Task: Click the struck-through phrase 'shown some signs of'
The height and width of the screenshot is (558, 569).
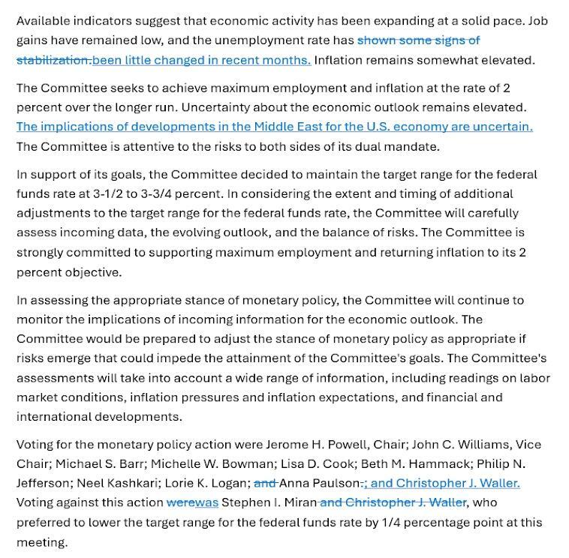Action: click(418, 40)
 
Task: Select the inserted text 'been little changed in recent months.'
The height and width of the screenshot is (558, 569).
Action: click(201, 60)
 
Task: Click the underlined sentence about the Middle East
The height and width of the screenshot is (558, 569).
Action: click(274, 127)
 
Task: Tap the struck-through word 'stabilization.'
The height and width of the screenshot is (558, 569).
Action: click(53, 60)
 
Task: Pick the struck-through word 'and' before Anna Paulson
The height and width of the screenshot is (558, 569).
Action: click(265, 483)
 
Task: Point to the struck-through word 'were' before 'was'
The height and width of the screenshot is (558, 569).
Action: click(180, 502)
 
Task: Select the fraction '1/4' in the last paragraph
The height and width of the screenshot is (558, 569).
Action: click(405, 522)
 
